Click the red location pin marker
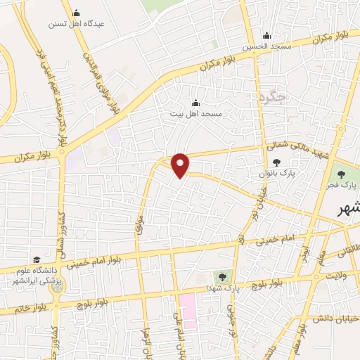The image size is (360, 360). pos(181,165)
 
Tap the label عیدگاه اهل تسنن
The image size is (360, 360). pos(76,24)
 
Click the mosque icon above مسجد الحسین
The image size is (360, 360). pos(266,37)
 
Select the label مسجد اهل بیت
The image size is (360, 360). pos(196,113)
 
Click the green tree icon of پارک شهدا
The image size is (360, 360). pos(222,276)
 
